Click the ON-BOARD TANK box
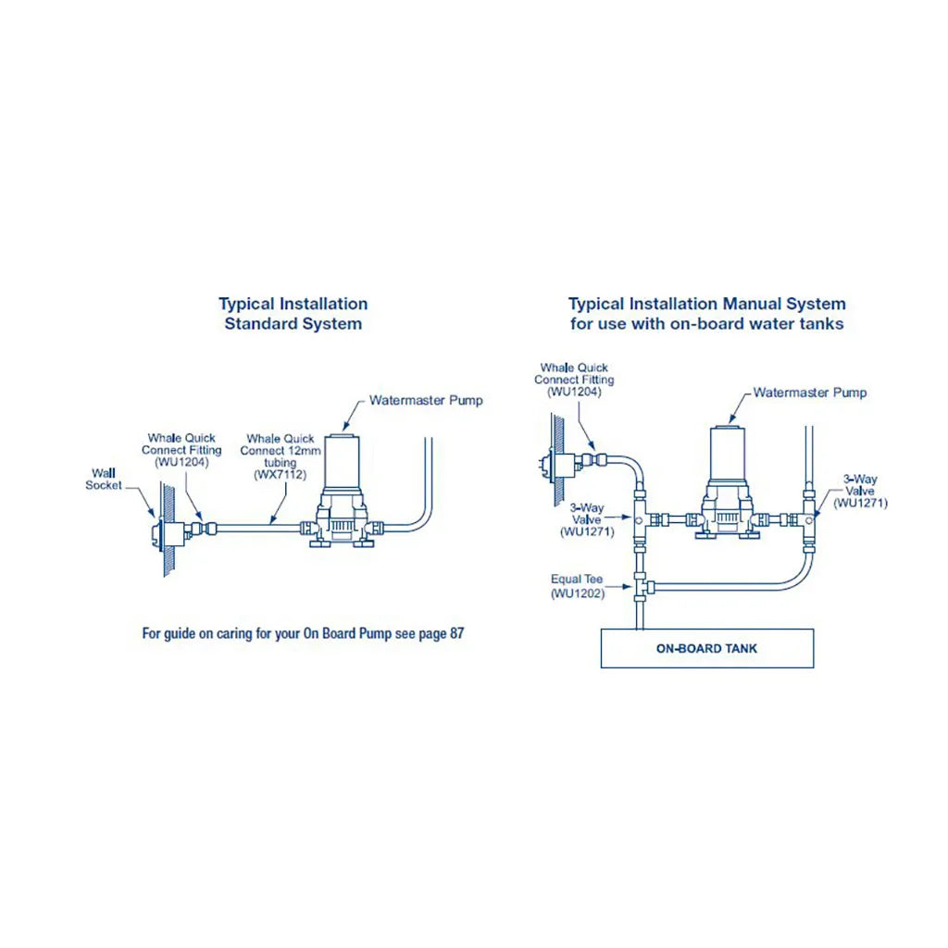[706, 648]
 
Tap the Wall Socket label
[104, 479]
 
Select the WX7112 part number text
[280, 474]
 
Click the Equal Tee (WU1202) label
[577, 586]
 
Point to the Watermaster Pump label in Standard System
[426, 401]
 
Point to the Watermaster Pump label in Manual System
[809, 393]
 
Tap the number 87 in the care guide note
[455, 634]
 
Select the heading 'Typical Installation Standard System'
[293, 314]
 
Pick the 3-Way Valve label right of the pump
[860, 492]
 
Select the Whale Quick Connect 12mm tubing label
[280, 455]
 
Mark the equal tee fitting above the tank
[639, 585]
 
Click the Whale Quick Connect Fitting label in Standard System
[181, 449]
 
